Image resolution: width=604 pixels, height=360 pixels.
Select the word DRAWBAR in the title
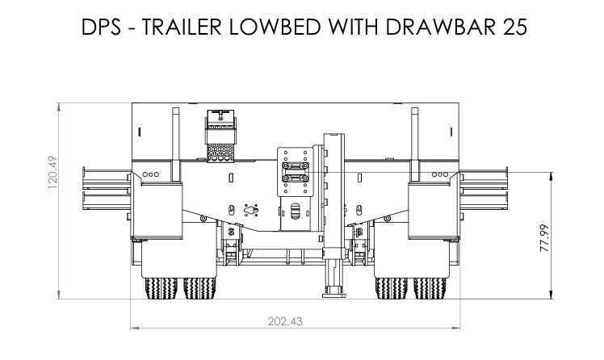point(440,27)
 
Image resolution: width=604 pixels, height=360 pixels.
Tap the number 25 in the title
point(514,27)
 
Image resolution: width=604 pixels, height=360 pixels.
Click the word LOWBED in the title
point(275,27)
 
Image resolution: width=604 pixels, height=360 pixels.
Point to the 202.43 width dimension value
point(285,321)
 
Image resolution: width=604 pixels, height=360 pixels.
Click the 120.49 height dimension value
point(52,172)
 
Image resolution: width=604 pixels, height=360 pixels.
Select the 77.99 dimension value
point(544,238)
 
